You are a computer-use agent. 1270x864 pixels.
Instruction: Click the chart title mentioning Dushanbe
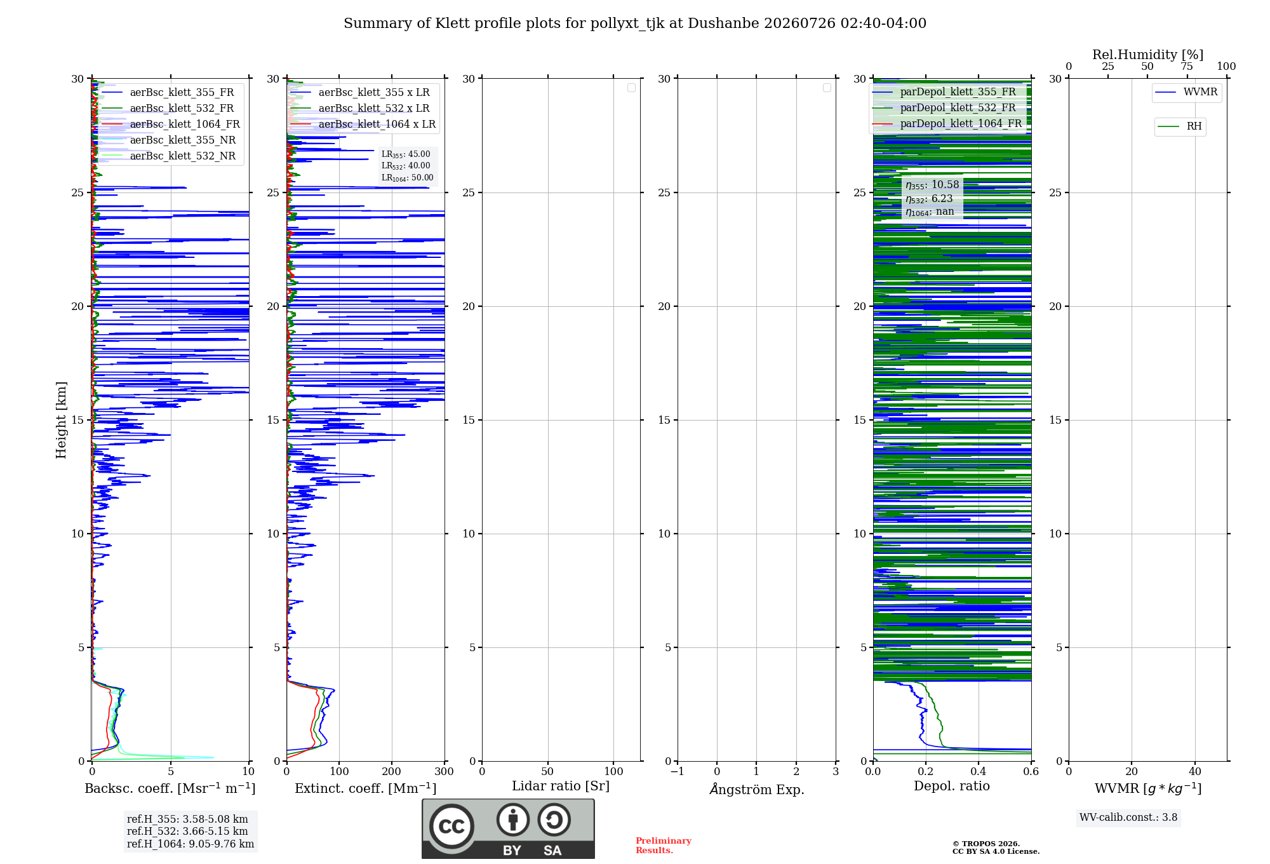tap(635, 24)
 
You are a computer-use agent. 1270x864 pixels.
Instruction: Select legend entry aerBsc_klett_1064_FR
tap(185, 125)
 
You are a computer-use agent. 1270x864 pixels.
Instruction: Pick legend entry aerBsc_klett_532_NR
tap(183, 156)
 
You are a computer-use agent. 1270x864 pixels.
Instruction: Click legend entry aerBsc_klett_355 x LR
tap(374, 93)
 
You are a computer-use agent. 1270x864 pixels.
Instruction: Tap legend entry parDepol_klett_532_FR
tap(958, 108)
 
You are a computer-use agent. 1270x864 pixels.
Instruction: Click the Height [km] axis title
tap(61, 420)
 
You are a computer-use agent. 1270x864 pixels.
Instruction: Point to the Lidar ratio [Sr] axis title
tap(561, 786)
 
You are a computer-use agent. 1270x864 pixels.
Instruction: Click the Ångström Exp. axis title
tap(757, 789)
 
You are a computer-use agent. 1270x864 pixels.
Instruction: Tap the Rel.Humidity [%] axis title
tap(1147, 55)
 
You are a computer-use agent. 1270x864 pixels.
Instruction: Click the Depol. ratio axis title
tap(952, 786)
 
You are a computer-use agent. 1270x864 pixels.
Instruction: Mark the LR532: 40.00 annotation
tap(406, 166)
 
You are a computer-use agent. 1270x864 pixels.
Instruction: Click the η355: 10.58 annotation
tap(932, 185)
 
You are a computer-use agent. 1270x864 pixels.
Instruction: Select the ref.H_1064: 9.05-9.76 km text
tap(190, 844)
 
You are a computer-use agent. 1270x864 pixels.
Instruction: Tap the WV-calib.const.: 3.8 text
tap(1128, 818)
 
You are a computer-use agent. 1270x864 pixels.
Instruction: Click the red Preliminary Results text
tap(664, 846)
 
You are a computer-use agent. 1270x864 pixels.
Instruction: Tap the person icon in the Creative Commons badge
tap(513, 820)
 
